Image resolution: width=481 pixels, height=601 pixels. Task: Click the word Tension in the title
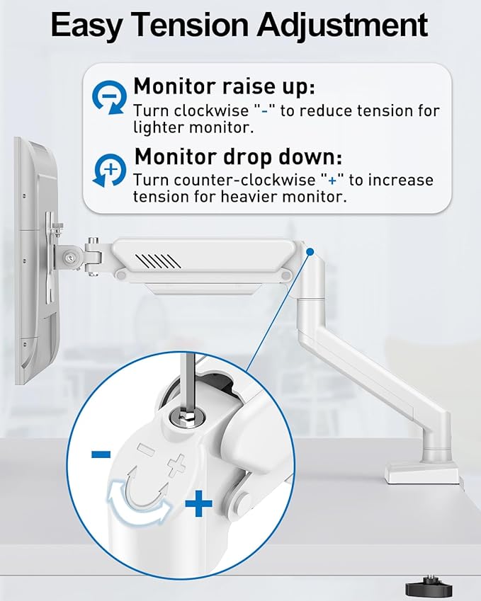point(197,26)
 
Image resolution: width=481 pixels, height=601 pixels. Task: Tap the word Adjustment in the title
point(342,26)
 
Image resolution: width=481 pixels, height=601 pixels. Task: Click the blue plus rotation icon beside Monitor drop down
point(109,170)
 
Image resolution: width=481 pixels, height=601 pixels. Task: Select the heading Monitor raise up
point(224,87)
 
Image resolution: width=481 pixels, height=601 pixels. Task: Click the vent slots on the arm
point(162,260)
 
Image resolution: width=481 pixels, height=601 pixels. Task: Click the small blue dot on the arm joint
point(309,251)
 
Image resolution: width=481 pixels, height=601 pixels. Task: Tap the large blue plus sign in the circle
point(198,505)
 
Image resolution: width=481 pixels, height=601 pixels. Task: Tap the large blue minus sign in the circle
point(101,454)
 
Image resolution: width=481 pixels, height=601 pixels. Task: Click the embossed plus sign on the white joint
point(176,464)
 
